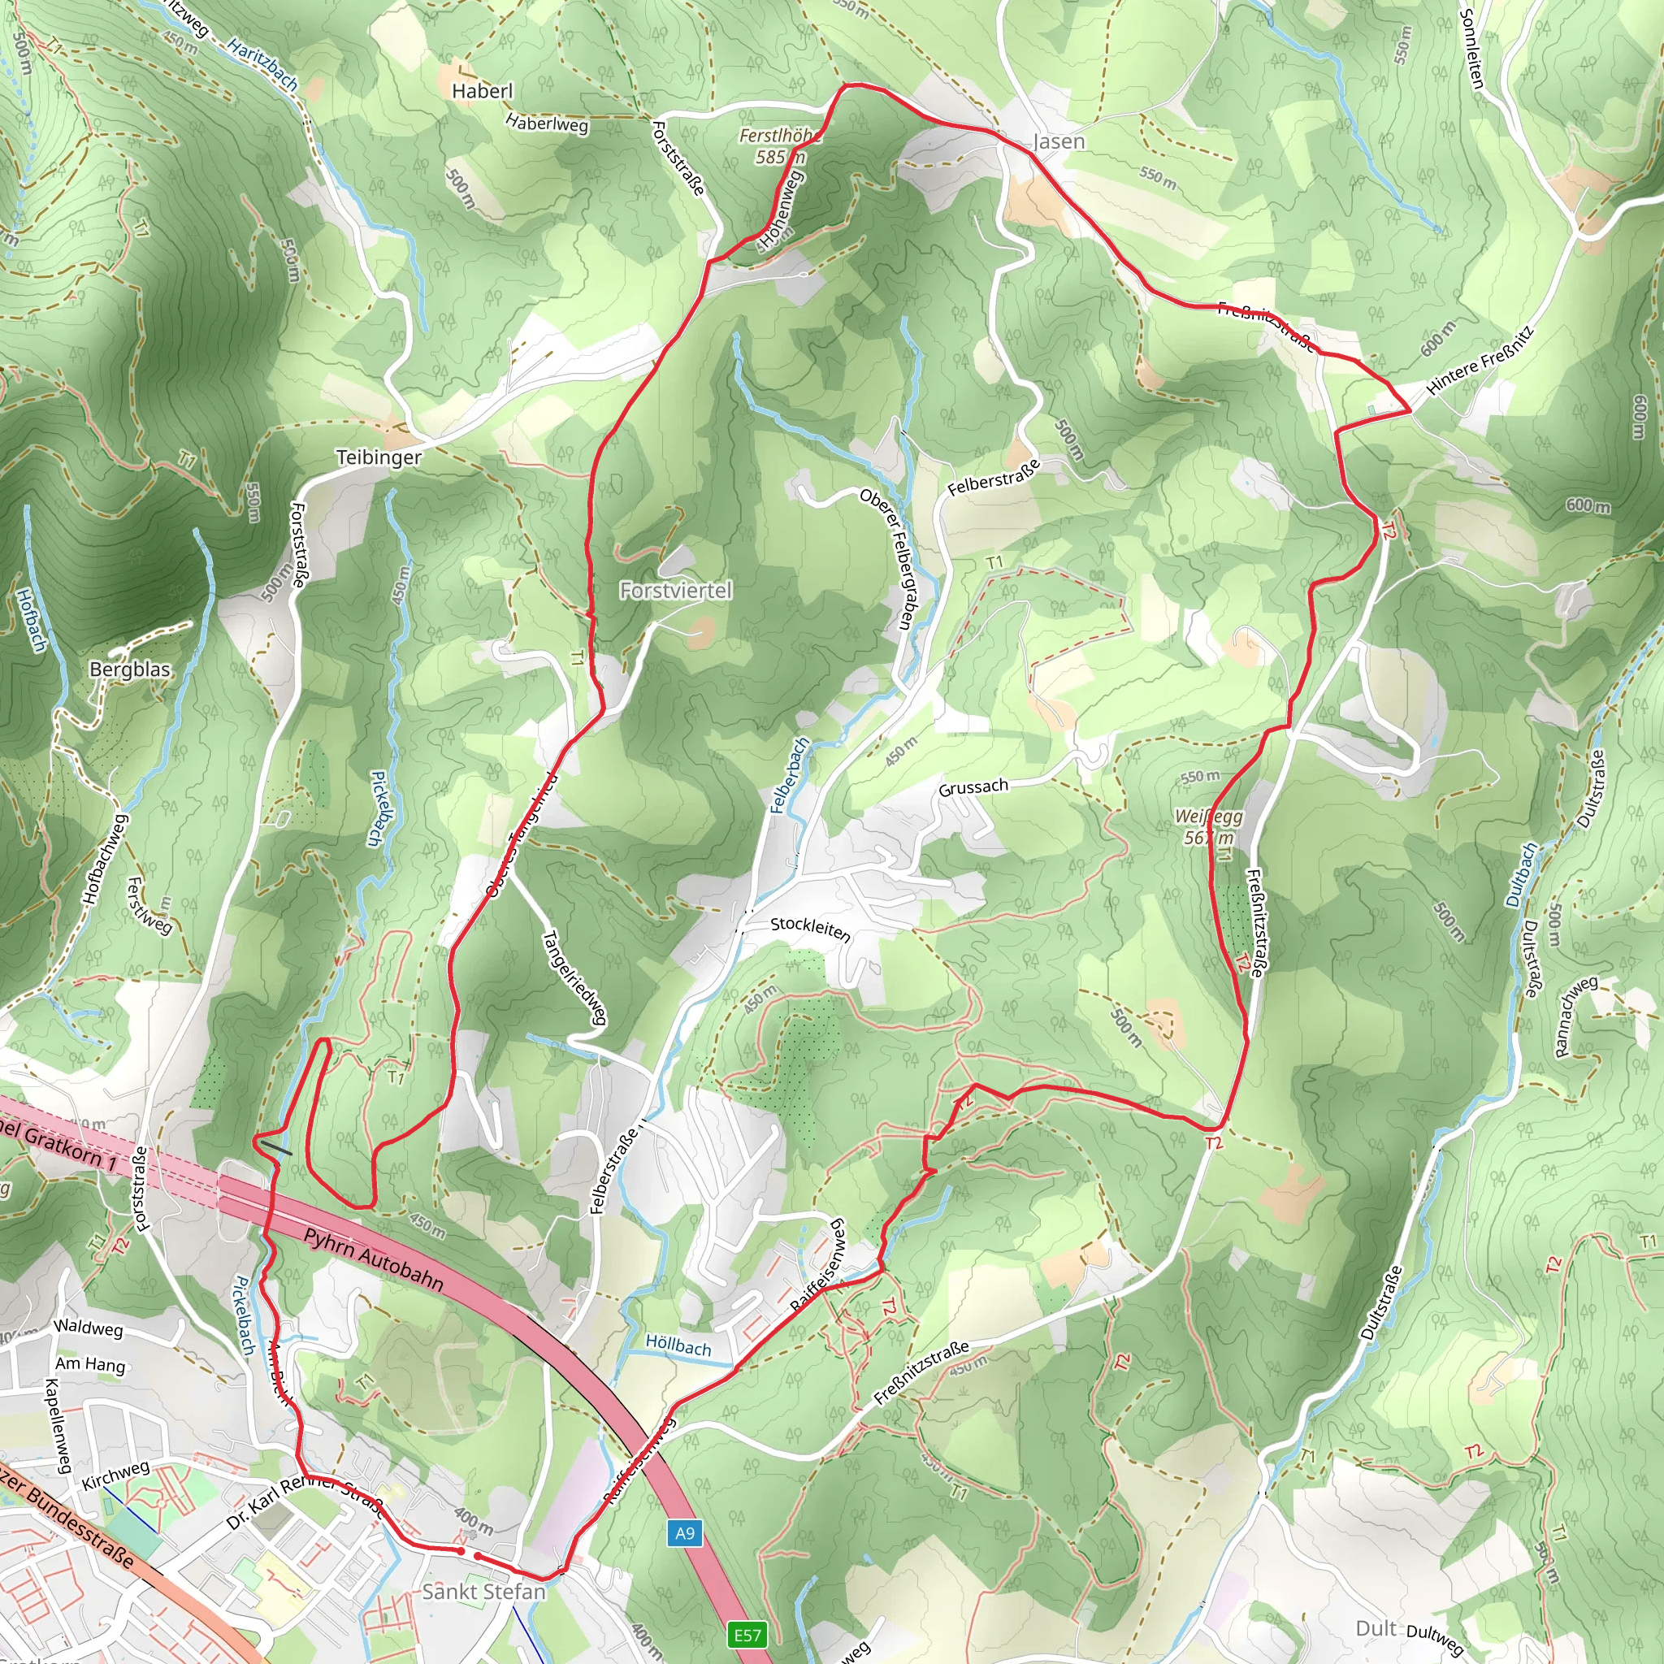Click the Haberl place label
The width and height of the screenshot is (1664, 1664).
pos(482,90)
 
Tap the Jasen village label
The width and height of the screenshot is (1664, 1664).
pos(1059,141)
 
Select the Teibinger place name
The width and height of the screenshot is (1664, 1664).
pos(378,457)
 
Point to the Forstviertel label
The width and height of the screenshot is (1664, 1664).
pos(675,590)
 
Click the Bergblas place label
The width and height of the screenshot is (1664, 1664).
pos(130,669)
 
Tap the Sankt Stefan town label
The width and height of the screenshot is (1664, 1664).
pos(484,1592)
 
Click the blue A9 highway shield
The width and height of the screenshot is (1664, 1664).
pos(684,1532)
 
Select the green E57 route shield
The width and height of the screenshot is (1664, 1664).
pos(747,1634)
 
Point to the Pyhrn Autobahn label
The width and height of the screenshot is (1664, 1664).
pos(374,1259)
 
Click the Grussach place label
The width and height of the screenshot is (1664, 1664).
pos(973,787)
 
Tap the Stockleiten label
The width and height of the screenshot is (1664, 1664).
pos(810,929)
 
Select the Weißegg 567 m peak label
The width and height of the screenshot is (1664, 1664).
pos(1208,826)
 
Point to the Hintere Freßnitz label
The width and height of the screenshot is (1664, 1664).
pos(1479,360)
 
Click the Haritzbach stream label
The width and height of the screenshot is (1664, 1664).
pos(263,66)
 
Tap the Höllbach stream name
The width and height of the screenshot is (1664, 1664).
pos(678,1345)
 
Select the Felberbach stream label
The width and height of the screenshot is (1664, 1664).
pos(790,775)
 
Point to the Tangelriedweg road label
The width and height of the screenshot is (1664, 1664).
pos(574,977)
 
